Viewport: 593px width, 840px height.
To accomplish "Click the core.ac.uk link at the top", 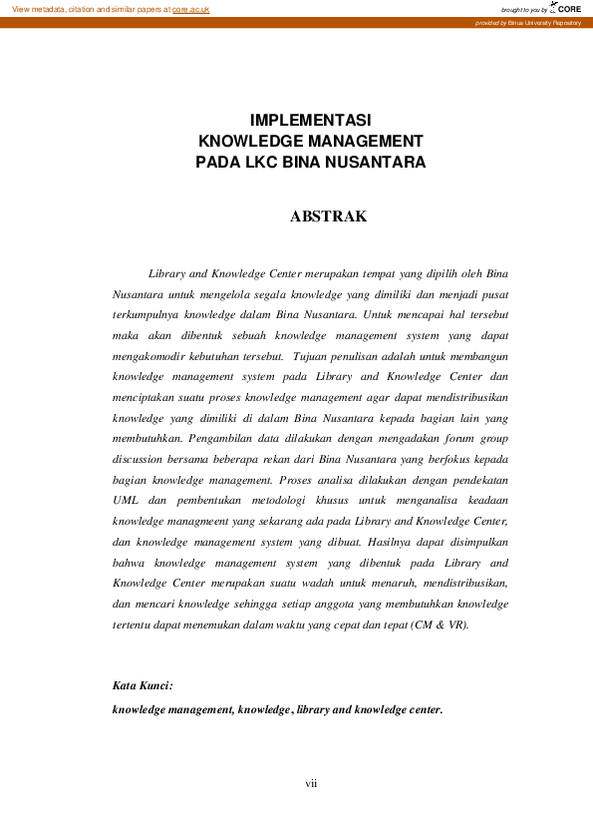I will tap(190, 8).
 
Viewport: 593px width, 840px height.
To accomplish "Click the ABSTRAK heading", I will tap(328, 216).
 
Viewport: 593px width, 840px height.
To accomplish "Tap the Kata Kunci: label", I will tap(143, 686).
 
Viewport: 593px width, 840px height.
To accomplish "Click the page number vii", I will tap(311, 783).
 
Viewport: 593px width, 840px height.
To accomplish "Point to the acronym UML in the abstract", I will tap(126, 499).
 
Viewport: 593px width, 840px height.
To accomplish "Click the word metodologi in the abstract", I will tap(319, 499).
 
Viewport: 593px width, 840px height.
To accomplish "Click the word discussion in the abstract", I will tap(143, 458).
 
